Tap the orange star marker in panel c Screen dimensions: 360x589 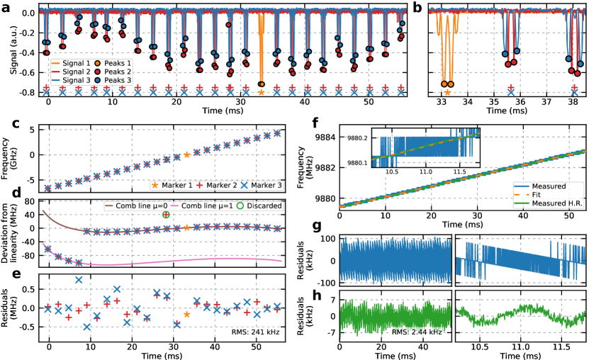(186, 154)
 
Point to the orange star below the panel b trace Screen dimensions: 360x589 (447, 92)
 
